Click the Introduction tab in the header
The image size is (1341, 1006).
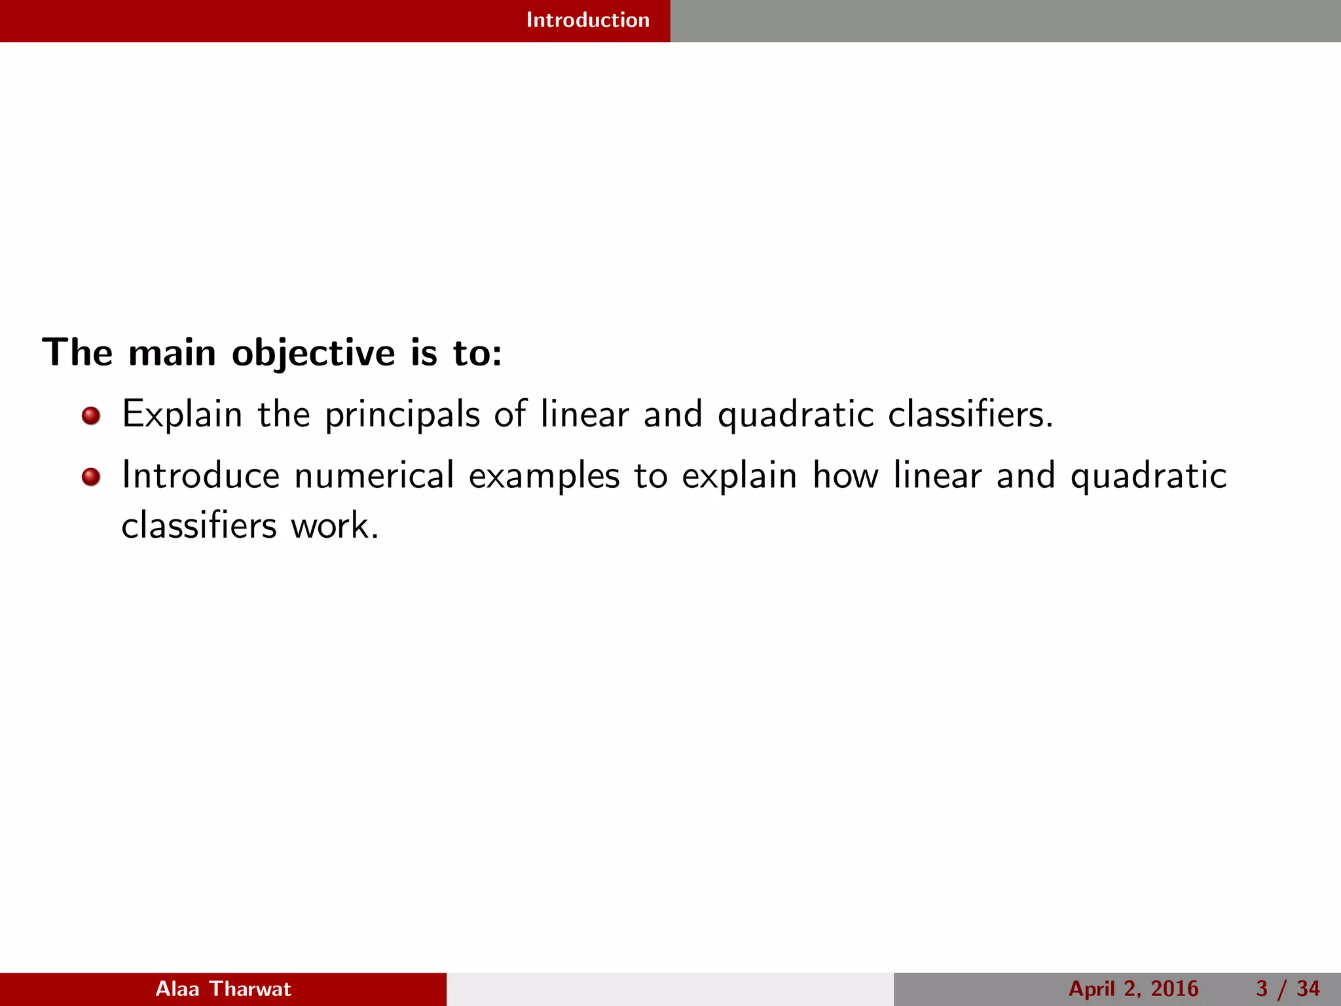[587, 20]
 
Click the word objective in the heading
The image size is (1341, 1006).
[313, 354]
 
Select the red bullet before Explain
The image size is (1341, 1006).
[91, 416]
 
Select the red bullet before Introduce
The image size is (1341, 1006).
[91, 477]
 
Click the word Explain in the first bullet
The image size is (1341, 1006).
[182, 415]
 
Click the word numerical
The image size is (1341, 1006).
[374, 476]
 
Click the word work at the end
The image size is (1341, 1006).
[335, 526]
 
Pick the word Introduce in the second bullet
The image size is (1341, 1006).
[200, 476]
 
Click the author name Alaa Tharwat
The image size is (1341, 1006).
[223, 989]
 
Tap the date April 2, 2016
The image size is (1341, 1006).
[1133, 989]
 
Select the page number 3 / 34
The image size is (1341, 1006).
[1287, 989]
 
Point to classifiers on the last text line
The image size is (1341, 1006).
[199, 526]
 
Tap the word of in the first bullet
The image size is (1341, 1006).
[510, 415]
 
